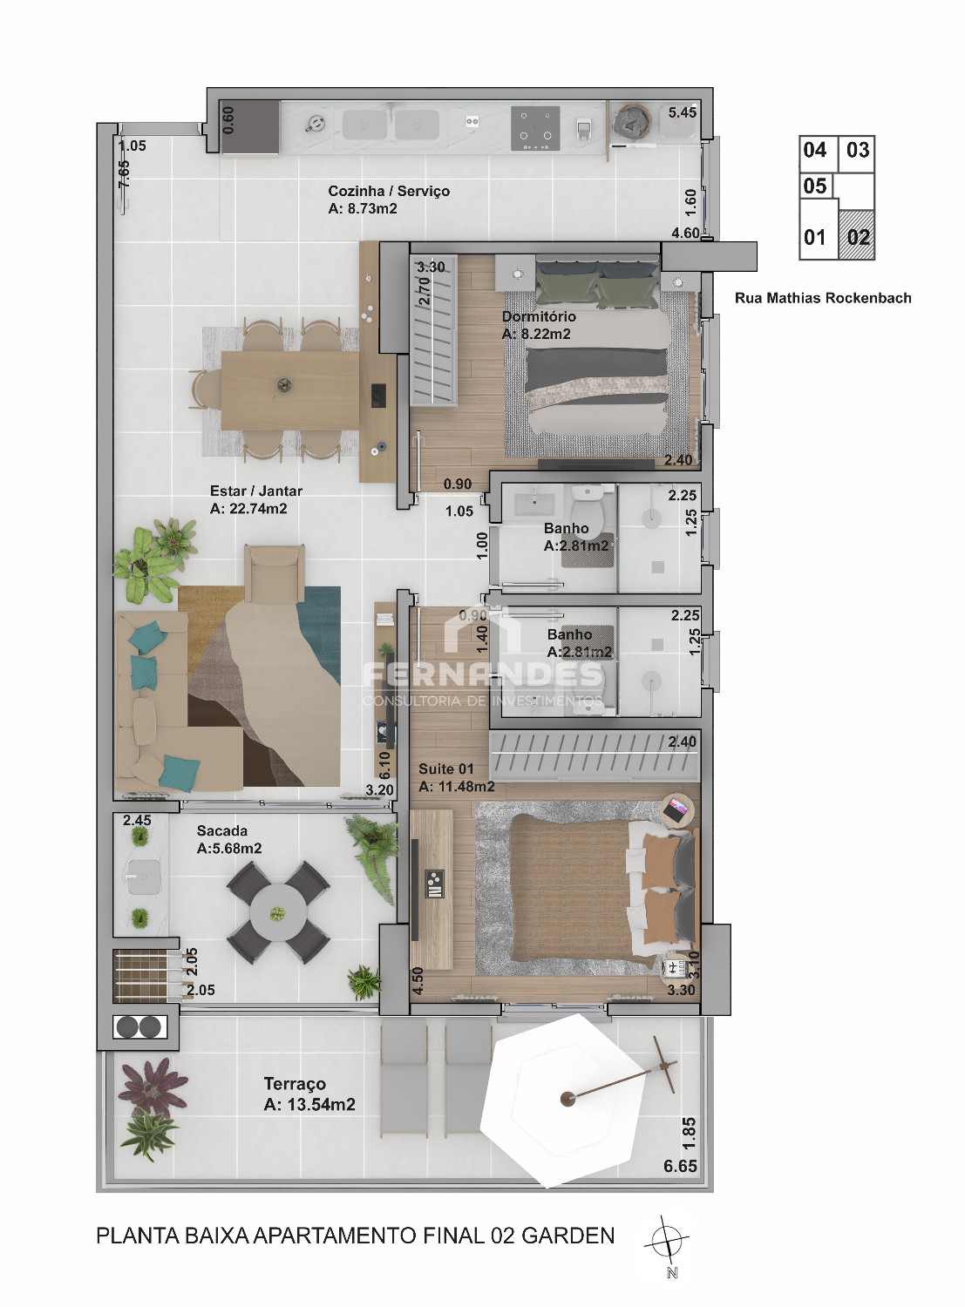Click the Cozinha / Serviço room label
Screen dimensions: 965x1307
coord(389,191)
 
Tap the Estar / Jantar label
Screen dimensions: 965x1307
coord(255,491)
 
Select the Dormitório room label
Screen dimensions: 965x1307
coord(539,316)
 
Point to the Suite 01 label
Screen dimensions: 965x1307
coord(445,769)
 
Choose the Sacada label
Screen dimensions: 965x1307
coord(221,831)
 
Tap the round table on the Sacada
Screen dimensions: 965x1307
coord(278,912)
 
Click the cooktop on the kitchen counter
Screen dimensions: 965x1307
coord(534,128)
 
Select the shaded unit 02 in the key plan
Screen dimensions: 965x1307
coord(857,235)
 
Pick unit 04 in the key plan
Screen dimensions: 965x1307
coord(815,150)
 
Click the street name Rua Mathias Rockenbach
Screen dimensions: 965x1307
coord(823,298)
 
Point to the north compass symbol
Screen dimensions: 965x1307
coord(667,1239)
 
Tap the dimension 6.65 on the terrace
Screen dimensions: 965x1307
coord(680,1166)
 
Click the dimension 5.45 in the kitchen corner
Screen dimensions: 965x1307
coord(682,112)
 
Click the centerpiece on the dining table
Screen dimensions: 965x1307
coord(284,386)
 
